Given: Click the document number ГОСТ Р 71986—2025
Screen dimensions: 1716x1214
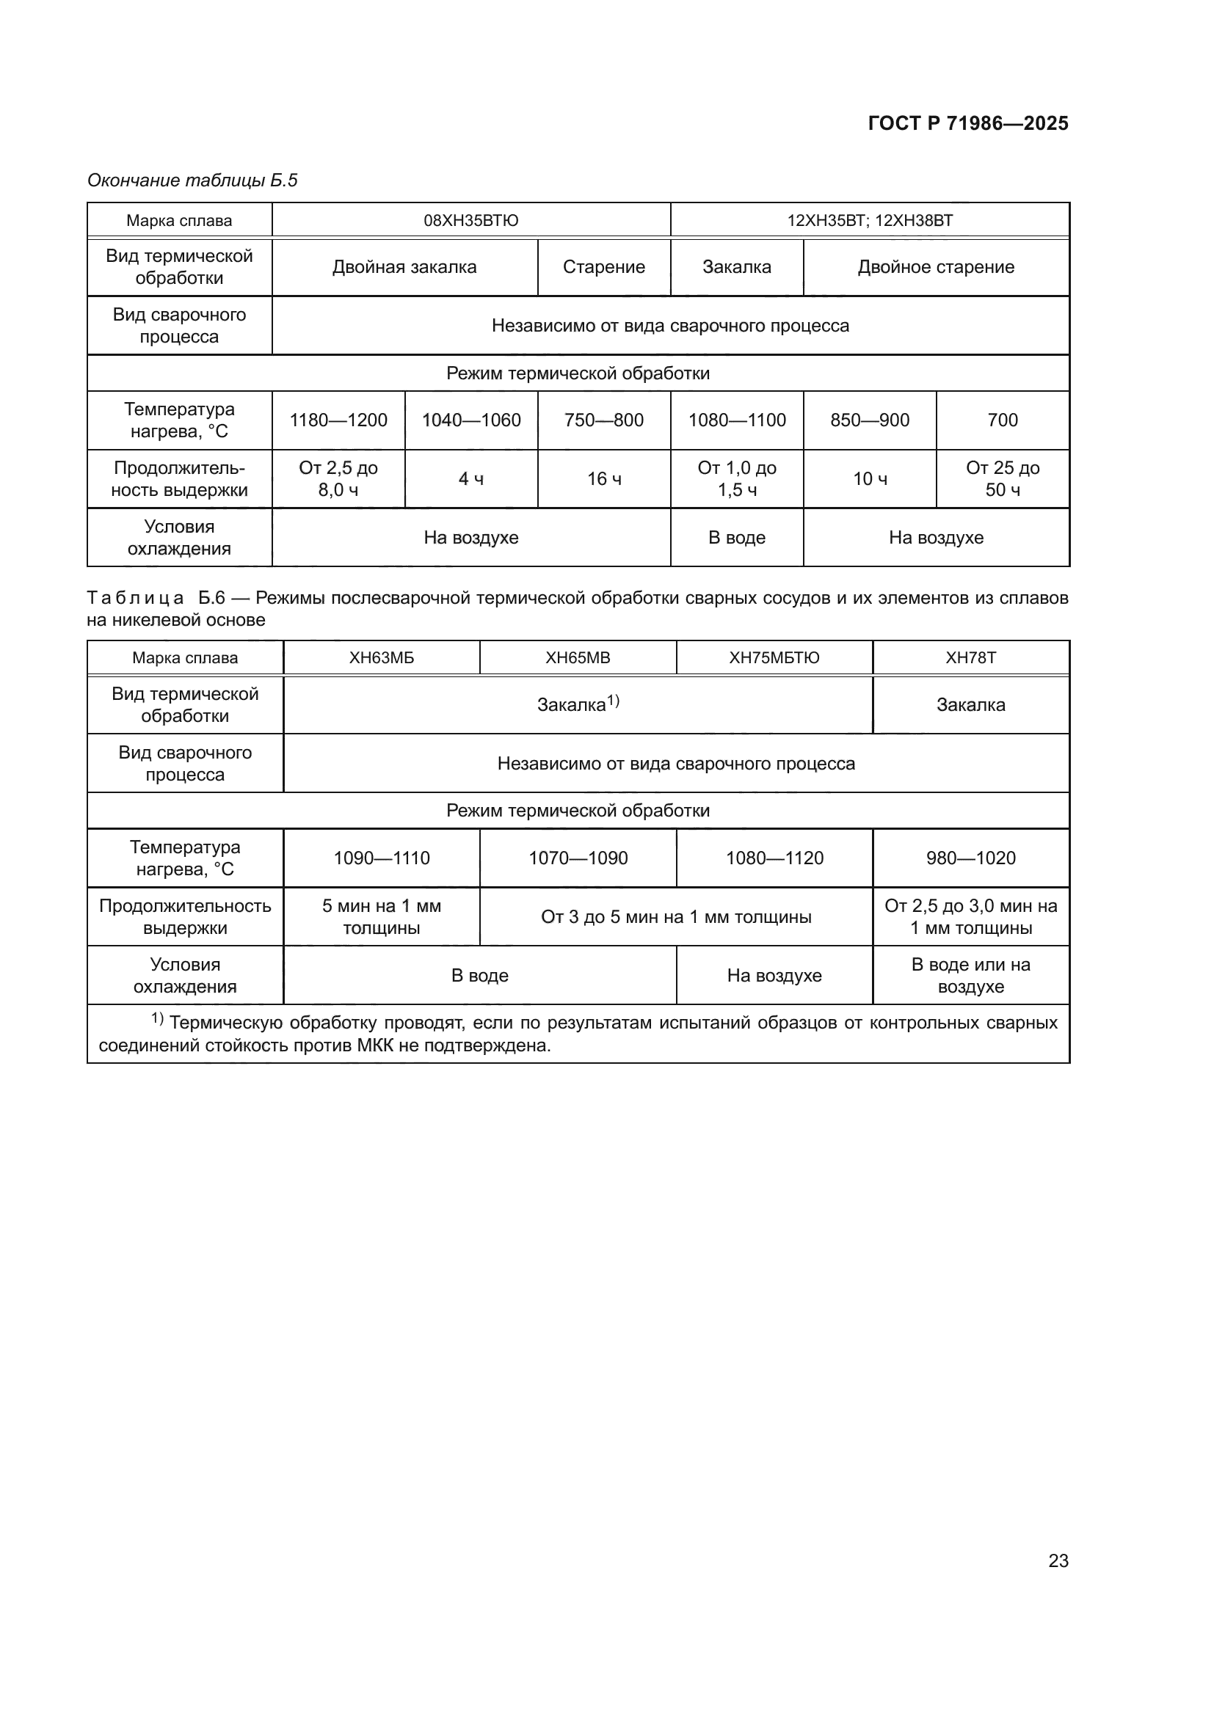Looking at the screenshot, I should click(x=968, y=123).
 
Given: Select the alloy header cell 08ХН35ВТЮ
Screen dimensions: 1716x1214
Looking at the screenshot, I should click(x=471, y=221).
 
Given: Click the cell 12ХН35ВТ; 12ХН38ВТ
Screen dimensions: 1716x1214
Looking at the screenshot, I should click(x=869, y=221).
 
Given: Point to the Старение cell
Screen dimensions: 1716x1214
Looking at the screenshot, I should click(x=603, y=267).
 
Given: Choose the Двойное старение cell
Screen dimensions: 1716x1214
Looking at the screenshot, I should click(x=936, y=267).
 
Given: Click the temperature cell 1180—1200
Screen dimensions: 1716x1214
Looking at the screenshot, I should click(x=338, y=420).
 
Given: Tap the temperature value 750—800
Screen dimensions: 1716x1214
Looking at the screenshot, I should click(x=603, y=420).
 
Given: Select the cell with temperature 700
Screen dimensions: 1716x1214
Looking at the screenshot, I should click(x=1003, y=420).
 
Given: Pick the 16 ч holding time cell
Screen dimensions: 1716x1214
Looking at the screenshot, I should click(x=603, y=479).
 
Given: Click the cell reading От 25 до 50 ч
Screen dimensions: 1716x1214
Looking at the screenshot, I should click(x=1003, y=479).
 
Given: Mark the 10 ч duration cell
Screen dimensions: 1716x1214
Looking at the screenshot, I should click(x=869, y=479).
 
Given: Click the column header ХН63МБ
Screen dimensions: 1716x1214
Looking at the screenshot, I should click(x=381, y=657).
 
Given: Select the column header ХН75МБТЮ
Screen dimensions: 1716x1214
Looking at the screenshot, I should click(x=774, y=657).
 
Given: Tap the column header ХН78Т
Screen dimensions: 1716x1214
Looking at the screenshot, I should click(x=970, y=657).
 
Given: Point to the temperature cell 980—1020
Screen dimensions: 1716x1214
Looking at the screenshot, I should click(x=970, y=858).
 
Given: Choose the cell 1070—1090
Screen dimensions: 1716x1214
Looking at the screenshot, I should click(x=578, y=858).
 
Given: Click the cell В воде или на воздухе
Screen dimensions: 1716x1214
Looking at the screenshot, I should click(x=970, y=975).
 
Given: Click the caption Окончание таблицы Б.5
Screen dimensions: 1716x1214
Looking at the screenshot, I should click(x=192, y=180).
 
